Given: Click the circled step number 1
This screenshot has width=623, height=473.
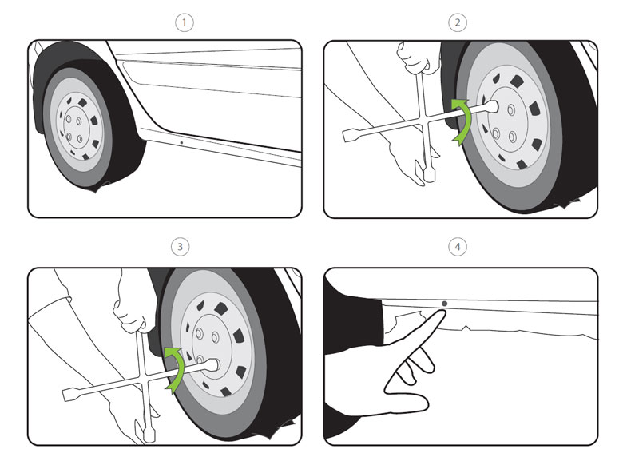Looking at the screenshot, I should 185,22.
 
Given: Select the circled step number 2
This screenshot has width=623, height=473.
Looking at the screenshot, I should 458,22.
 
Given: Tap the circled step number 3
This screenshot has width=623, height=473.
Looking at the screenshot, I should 181,247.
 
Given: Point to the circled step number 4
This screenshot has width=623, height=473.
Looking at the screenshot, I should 458,247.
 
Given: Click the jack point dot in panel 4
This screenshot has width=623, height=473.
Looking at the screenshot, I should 444,304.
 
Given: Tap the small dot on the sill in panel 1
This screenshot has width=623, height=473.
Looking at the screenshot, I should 182,144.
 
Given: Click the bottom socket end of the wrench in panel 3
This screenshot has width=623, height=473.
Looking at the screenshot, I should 145,434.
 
